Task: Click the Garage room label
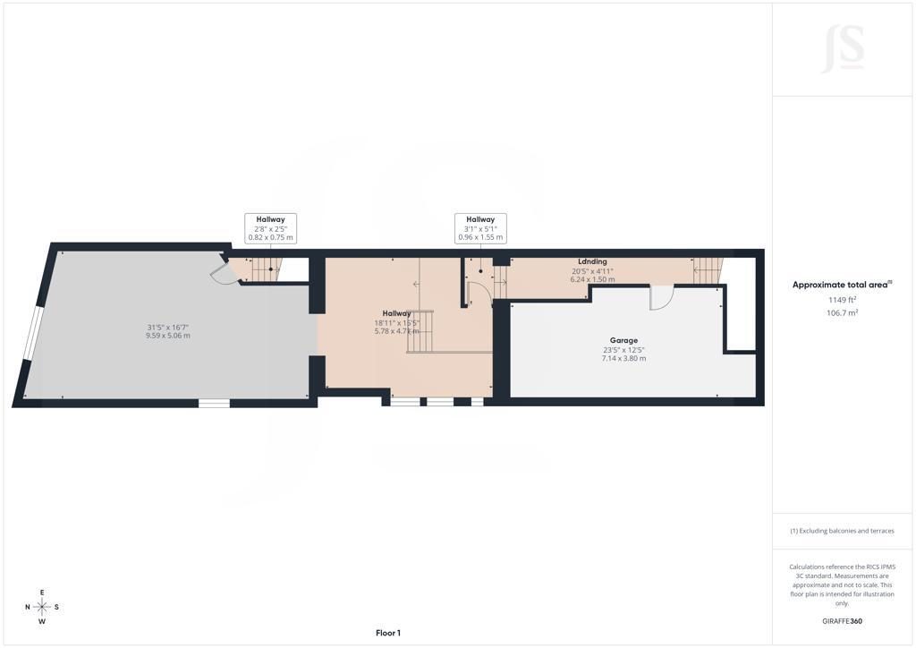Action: tap(623, 340)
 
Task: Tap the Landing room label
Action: tap(592, 261)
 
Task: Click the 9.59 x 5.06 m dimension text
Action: tap(167, 336)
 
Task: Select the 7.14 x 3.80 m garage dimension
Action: tap(623, 358)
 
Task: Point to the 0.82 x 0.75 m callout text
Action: tap(270, 238)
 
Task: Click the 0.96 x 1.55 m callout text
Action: tap(480, 237)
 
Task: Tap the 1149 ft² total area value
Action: tap(842, 300)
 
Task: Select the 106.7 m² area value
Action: tap(842, 312)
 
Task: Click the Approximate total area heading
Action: tap(842, 286)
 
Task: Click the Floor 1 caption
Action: tap(388, 633)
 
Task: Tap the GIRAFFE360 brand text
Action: tap(842, 621)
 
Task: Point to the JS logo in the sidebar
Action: tap(843, 50)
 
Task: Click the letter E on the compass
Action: tap(42, 593)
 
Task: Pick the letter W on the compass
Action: tap(42, 622)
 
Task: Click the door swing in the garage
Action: tap(661, 298)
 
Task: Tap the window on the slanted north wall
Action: tap(34, 334)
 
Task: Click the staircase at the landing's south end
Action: tap(708, 270)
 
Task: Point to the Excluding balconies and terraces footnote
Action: tap(842, 531)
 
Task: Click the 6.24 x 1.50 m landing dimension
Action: tap(592, 279)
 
